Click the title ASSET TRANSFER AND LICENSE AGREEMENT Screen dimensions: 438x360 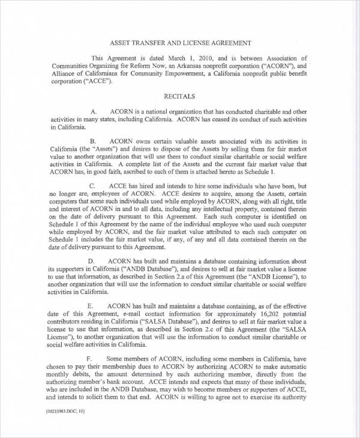(x=180, y=43)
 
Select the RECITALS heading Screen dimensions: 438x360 (x=180, y=95)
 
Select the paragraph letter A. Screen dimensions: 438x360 (x=93, y=112)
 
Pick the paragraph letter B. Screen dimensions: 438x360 (x=93, y=141)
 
